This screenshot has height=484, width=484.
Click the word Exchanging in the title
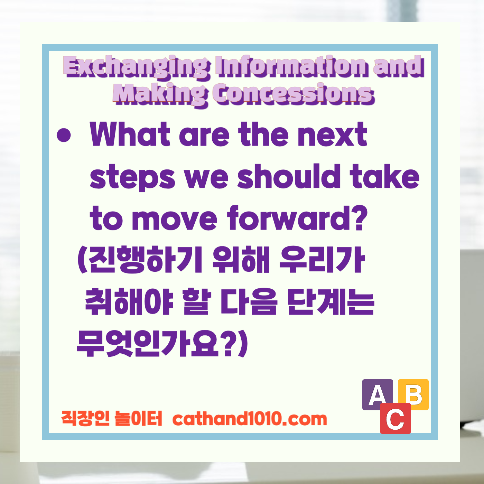pos(137,66)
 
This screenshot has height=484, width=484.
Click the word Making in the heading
pos(160,94)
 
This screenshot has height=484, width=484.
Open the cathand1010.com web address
pos(250,419)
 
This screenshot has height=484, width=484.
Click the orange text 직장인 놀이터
pos(111,418)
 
